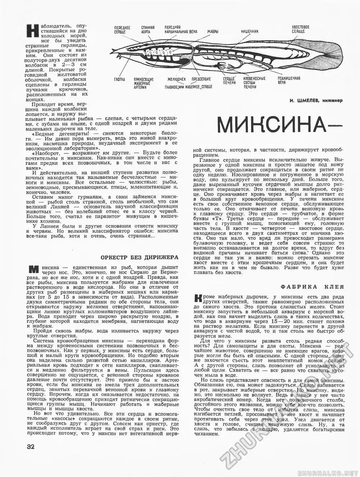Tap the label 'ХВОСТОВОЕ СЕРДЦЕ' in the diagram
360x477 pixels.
(300, 29)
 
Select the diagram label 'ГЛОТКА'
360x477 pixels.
(120, 79)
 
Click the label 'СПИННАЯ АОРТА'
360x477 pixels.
(148, 29)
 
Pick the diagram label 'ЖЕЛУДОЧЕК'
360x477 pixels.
(176, 79)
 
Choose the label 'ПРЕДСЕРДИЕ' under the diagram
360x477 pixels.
(201, 79)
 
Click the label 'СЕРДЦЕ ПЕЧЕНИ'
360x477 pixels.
(229, 80)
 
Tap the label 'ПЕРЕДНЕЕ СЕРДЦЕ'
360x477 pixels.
(122, 30)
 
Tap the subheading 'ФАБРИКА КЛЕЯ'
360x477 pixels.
(312, 287)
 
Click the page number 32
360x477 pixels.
(31, 447)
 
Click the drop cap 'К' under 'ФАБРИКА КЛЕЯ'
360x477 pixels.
(197, 298)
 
